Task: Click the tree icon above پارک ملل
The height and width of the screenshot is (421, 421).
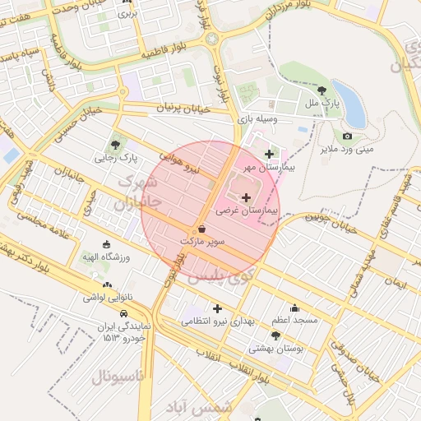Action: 322,91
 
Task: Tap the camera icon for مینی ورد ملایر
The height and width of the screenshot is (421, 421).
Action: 347,136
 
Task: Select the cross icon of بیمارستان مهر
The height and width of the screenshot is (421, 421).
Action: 269,154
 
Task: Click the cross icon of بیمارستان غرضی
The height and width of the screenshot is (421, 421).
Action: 247,197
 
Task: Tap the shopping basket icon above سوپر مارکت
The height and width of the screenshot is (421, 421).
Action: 202,229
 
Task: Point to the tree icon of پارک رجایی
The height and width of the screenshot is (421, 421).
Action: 115,144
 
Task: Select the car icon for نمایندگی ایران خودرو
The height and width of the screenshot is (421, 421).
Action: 123,313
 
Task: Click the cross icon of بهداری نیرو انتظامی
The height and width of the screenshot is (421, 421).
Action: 217,308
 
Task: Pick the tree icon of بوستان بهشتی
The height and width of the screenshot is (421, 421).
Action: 275,335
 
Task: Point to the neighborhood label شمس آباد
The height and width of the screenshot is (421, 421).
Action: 206,406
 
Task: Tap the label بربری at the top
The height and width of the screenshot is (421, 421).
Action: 126,14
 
